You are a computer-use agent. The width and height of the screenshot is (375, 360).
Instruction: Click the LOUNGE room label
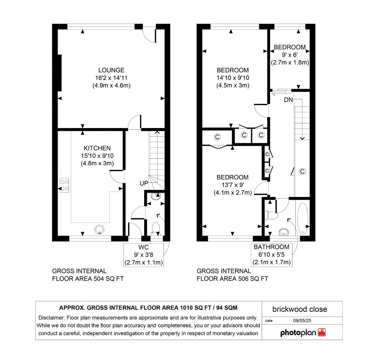111,70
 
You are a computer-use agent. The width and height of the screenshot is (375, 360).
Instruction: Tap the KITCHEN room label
97,148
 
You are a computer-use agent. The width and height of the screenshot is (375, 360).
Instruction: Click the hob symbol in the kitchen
64,186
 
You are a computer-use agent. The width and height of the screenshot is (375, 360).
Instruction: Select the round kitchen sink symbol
100,229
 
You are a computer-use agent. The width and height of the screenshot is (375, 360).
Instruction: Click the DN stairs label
288,100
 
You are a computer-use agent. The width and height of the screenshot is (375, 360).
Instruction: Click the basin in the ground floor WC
155,196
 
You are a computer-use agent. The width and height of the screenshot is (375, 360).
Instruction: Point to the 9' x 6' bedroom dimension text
289,55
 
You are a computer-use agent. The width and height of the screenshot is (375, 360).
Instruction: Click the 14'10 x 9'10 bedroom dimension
233,78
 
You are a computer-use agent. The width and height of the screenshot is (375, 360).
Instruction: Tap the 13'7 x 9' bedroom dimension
233,185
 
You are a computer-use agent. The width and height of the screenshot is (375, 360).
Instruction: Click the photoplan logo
303,332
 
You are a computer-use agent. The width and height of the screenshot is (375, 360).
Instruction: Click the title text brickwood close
299,309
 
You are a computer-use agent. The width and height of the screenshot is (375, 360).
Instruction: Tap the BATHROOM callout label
271,247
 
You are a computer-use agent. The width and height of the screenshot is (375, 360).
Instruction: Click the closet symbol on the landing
302,171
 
